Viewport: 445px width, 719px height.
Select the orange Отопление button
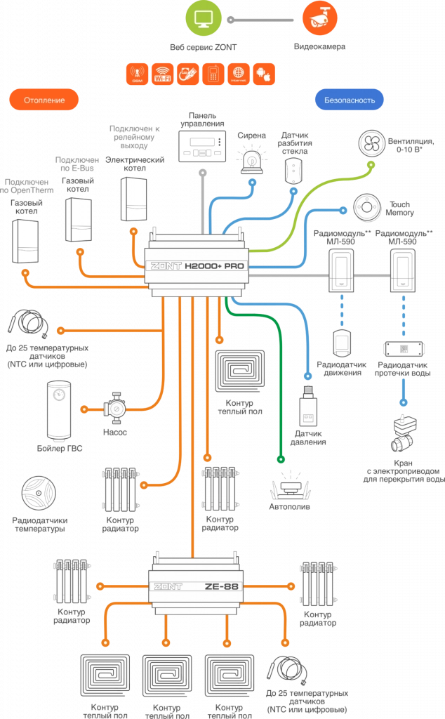44,100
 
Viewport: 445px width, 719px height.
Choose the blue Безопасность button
350,100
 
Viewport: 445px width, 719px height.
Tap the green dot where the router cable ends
281,461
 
